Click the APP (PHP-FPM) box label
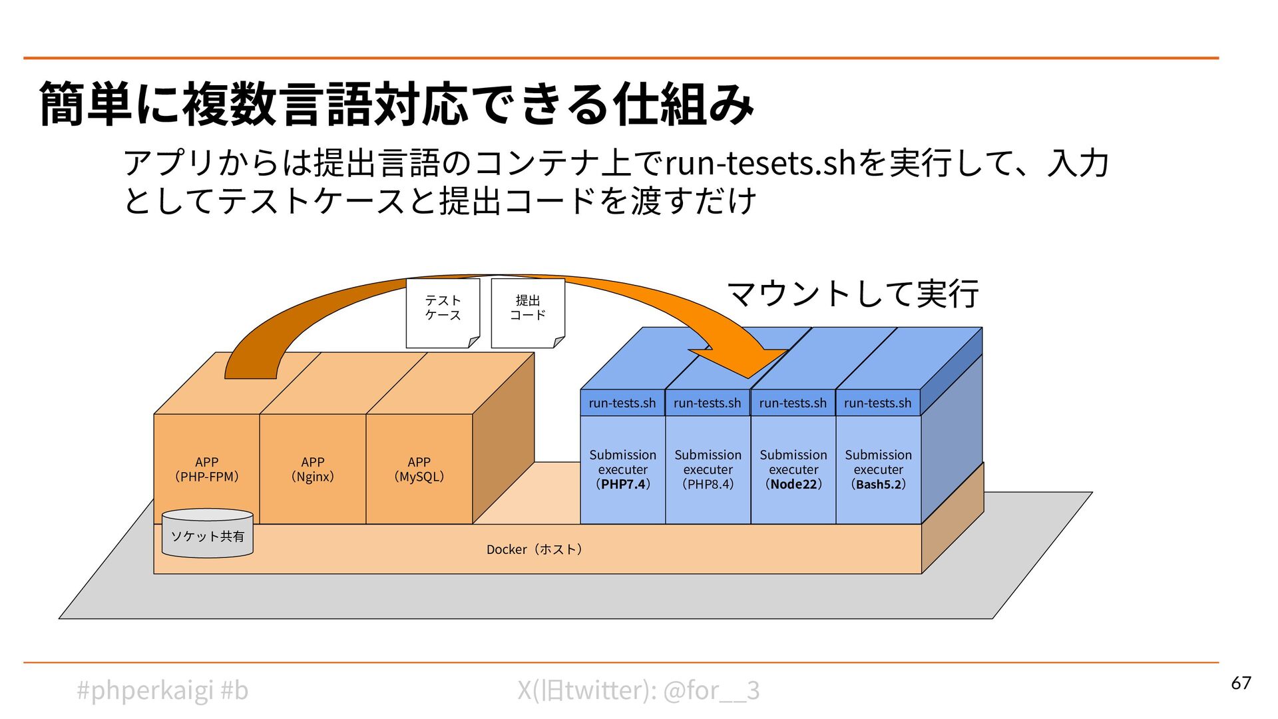click(206, 469)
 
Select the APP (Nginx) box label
click(312, 469)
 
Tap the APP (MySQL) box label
click(419, 469)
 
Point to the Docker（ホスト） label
click(534, 549)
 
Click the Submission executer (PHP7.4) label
click(622, 469)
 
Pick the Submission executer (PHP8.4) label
click(708, 469)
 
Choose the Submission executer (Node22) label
click(793, 469)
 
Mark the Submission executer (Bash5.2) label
click(878, 469)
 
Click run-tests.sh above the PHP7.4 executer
click(622, 403)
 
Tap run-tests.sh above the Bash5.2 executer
click(877, 403)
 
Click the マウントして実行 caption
click(853, 294)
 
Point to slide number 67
click(1241, 683)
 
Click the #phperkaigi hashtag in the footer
click(145, 690)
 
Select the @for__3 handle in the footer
click(712, 690)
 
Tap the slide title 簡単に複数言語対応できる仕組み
click(397, 105)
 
